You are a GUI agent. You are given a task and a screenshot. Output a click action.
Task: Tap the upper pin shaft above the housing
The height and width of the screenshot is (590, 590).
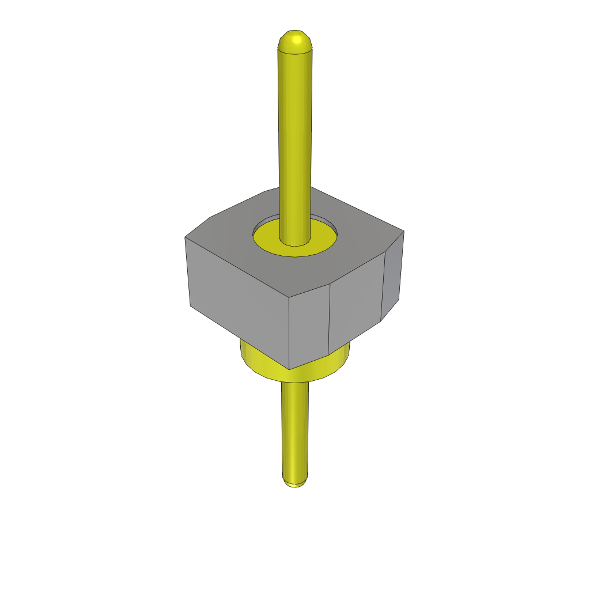pyautogui.click(x=296, y=127)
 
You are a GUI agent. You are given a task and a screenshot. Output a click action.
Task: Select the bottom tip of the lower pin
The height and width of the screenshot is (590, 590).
pyautogui.click(x=294, y=483)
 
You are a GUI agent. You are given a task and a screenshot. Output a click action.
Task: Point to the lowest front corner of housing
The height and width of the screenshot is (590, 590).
pyautogui.click(x=289, y=369)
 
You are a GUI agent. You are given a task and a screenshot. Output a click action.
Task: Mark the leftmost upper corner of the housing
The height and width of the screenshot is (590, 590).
pyautogui.click(x=185, y=237)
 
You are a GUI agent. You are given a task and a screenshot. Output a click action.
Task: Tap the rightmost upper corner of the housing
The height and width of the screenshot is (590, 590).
pyautogui.click(x=404, y=232)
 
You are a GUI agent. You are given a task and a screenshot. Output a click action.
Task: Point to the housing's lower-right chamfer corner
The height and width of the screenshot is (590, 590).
pyautogui.click(x=381, y=320)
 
